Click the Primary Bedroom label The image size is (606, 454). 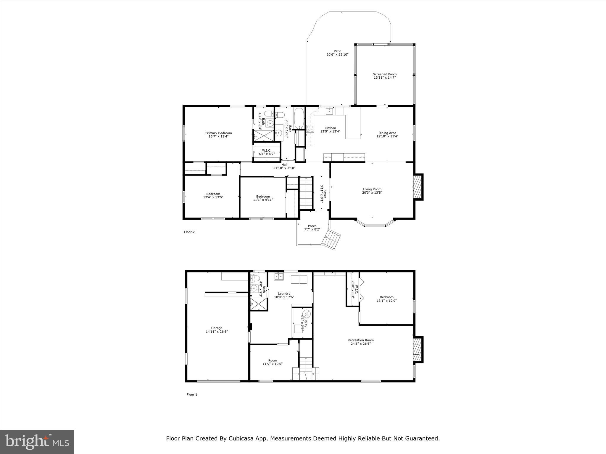(x=218, y=133)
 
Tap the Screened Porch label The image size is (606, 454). (x=384, y=74)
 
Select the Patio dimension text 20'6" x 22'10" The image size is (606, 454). (x=337, y=55)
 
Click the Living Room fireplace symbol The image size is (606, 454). (x=417, y=187)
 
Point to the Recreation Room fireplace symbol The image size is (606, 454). (x=417, y=349)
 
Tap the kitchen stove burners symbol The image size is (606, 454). (x=310, y=129)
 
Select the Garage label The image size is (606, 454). (x=217, y=328)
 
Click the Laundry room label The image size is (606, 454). (x=284, y=294)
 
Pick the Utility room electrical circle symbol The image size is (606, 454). (x=307, y=313)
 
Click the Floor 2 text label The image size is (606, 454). (x=189, y=232)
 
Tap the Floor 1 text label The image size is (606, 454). (x=192, y=395)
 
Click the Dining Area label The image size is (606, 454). (x=387, y=133)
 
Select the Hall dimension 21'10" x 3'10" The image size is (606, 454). (x=284, y=168)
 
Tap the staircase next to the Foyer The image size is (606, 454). (x=306, y=192)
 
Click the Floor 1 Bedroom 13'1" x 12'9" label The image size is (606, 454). (x=386, y=297)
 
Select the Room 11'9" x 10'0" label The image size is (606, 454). (x=273, y=360)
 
